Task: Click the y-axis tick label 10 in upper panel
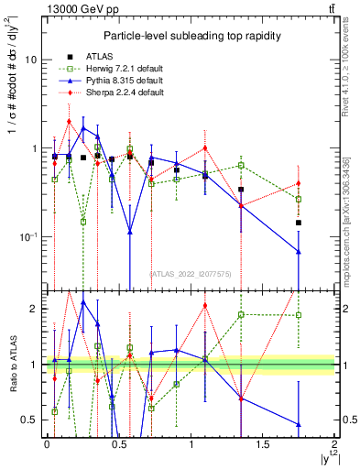click(32, 60)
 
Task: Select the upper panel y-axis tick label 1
click(35, 148)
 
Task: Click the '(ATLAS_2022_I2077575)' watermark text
click(191, 274)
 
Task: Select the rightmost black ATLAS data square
click(299, 223)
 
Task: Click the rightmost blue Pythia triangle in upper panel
click(299, 252)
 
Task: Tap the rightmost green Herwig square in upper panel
click(299, 199)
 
